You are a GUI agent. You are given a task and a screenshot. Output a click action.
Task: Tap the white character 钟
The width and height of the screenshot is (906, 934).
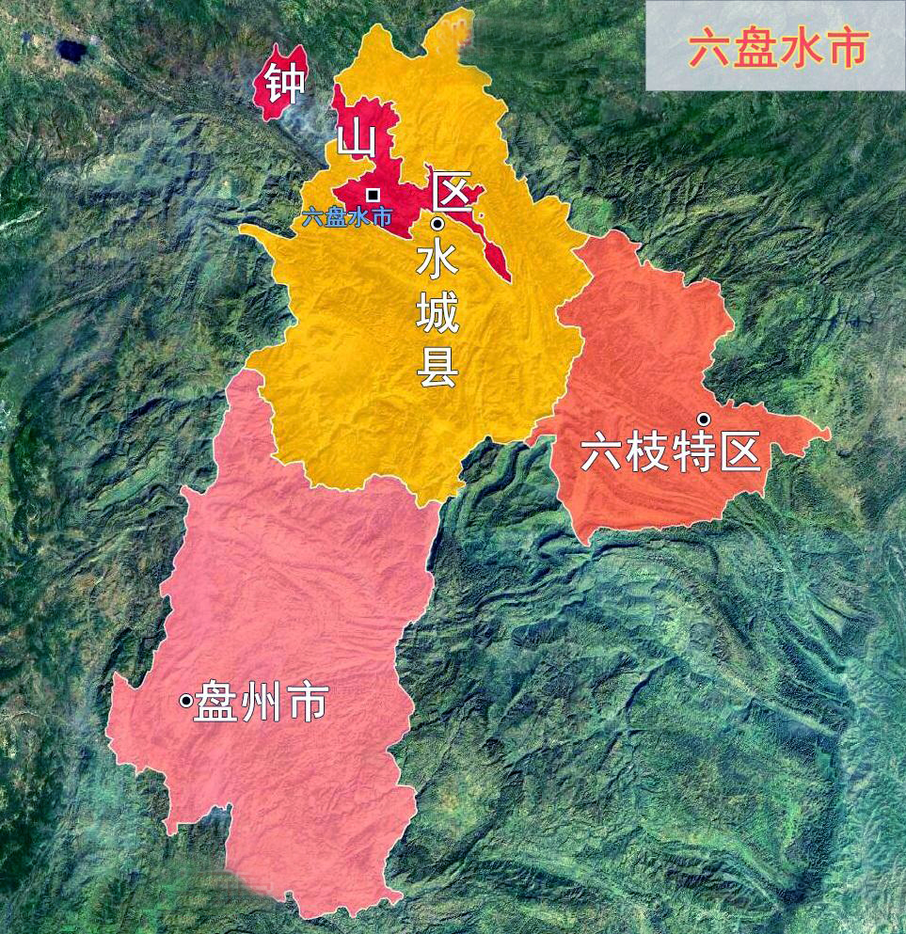(x=283, y=83)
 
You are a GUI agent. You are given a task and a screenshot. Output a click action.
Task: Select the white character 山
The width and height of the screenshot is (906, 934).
(x=357, y=140)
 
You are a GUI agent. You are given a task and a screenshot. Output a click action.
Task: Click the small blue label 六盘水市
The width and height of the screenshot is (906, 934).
(x=346, y=215)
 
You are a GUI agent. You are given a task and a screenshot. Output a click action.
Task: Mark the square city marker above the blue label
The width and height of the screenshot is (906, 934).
(x=374, y=194)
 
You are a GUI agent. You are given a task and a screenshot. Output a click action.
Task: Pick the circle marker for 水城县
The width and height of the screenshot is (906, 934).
(x=437, y=224)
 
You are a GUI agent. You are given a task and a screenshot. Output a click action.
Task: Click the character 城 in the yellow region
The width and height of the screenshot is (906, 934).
(x=437, y=313)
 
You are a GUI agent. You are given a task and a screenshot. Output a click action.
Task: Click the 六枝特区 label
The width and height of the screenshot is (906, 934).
(x=670, y=452)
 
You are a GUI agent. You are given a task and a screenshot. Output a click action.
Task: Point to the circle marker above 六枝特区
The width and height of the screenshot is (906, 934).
(x=702, y=419)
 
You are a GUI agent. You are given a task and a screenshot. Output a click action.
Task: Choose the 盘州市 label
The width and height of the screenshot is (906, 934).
(x=261, y=703)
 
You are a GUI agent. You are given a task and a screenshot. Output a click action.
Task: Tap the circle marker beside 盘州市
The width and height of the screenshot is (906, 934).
(x=186, y=700)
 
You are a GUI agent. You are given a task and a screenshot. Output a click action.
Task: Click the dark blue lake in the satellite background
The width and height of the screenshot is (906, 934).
(x=71, y=49)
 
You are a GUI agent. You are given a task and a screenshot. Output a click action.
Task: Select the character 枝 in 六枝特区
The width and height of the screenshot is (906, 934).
(x=647, y=452)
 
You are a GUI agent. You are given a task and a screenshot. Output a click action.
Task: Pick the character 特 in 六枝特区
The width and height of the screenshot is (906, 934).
(x=693, y=452)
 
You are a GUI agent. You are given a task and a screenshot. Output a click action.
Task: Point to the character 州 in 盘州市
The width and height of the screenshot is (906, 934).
(x=261, y=703)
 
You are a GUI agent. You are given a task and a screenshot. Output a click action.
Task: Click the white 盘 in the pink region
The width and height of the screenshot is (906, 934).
(x=215, y=703)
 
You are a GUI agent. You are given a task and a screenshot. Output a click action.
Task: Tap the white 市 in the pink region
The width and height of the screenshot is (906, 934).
(x=306, y=703)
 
